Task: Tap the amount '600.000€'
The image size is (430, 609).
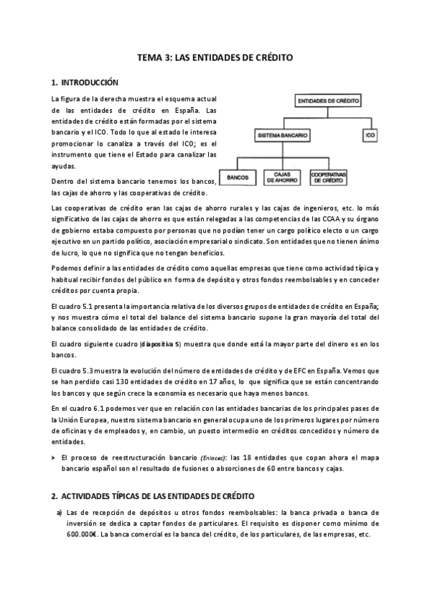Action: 82,535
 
